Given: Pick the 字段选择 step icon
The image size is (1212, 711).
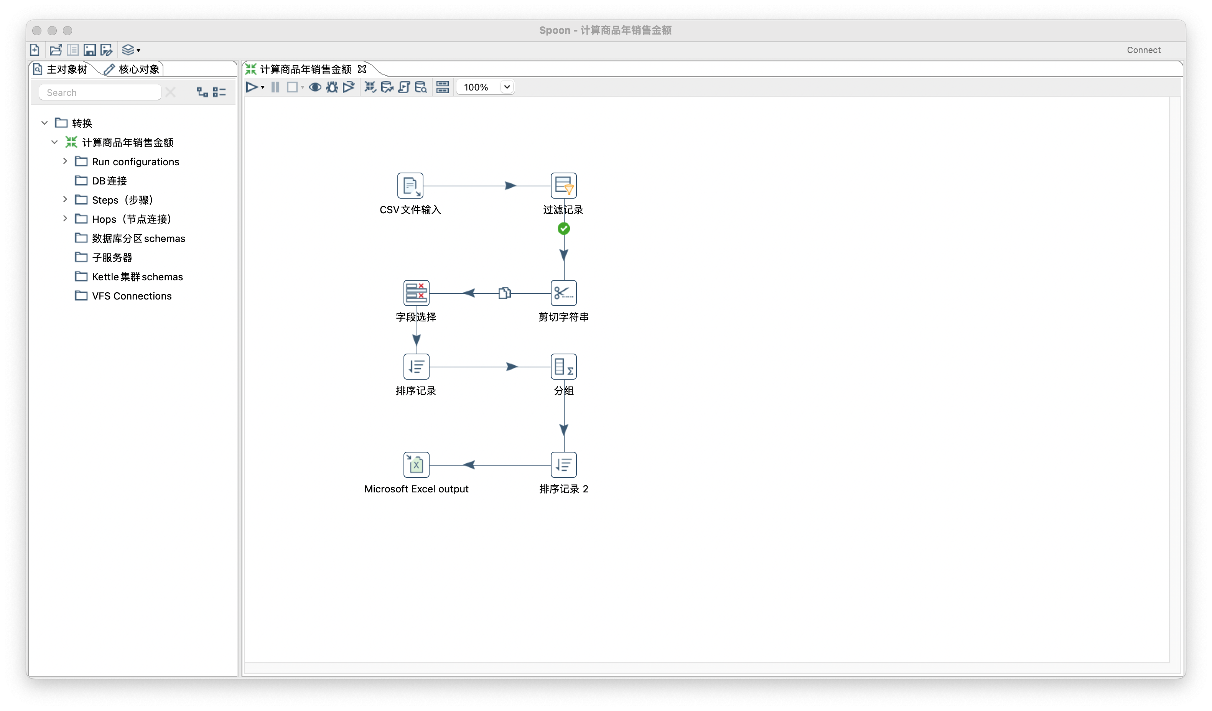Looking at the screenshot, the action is [416, 293].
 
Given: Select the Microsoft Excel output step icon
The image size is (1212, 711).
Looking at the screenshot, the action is [416, 465].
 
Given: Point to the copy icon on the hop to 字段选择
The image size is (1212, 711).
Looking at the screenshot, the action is [504, 293].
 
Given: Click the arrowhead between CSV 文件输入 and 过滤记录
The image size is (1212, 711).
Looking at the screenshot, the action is [511, 186].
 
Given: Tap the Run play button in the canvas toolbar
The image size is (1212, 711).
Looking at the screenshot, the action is [251, 87].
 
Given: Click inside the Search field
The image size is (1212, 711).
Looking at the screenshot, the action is [100, 92].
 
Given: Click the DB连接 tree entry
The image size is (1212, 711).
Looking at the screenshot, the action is [110, 181].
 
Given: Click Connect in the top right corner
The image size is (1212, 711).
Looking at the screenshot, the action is [1144, 50].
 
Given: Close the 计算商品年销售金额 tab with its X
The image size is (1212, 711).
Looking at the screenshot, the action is [362, 69].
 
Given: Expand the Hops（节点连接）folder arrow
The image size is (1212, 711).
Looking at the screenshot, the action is [65, 219].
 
